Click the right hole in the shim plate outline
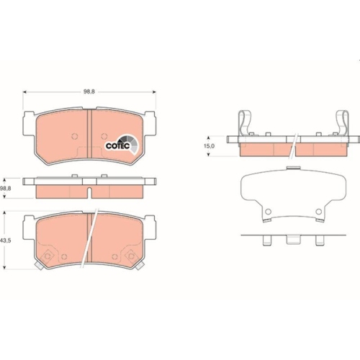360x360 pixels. [318, 212]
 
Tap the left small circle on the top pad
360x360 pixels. [73, 137]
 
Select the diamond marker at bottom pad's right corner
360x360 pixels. [131, 256]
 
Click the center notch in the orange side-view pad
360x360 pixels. [89, 192]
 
